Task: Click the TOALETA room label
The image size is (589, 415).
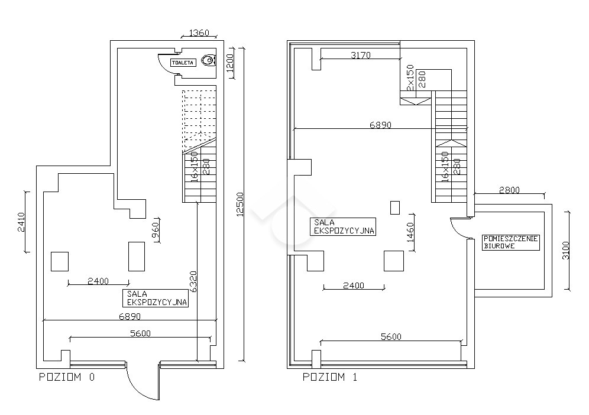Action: (x=183, y=63)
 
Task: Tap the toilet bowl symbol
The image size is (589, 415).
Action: (x=209, y=60)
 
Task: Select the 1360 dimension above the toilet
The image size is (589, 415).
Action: (x=199, y=33)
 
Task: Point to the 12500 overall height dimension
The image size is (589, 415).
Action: (x=240, y=205)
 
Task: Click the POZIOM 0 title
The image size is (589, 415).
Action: (x=67, y=377)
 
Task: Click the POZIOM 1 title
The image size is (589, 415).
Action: (x=330, y=377)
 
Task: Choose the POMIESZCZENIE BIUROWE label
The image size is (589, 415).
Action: (x=510, y=242)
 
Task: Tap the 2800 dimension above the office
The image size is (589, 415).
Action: (x=509, y=190)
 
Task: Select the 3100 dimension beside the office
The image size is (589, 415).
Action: (x=566, y=250)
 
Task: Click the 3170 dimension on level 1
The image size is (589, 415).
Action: (x=361, y=55)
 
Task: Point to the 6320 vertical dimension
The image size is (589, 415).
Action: (x=193, y=281)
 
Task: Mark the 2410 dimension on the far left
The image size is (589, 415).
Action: (x=21, y=222)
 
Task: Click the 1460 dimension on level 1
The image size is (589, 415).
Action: (x=410, y=232)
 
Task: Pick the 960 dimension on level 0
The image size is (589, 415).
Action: (x=155, y=231)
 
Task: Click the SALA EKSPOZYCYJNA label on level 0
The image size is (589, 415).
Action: (x=155, y=298)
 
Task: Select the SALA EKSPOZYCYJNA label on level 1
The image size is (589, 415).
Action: (x=343, y=226)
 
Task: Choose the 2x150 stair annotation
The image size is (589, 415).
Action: (x=410, y=77)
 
